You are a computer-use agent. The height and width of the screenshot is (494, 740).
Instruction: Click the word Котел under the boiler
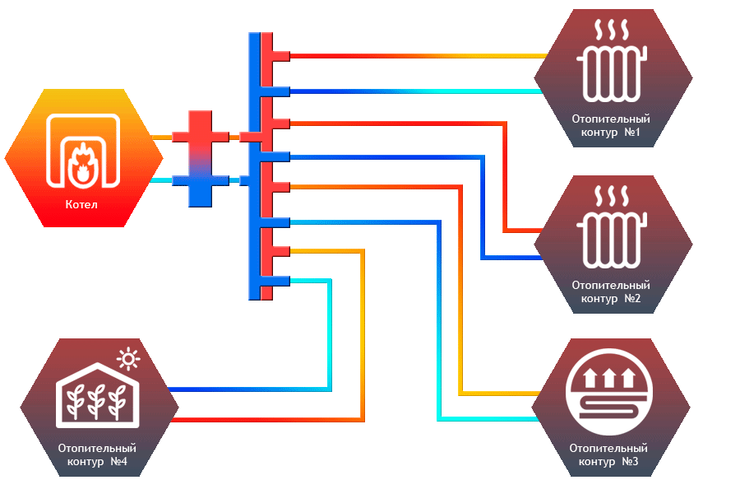82,203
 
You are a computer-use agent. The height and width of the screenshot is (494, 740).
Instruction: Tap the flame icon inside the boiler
82,161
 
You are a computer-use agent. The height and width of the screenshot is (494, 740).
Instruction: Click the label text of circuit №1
612,125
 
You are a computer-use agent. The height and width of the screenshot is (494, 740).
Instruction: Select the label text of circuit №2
612,291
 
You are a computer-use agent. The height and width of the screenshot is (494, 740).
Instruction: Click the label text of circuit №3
609,454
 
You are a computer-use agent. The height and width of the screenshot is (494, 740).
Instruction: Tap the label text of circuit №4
98,454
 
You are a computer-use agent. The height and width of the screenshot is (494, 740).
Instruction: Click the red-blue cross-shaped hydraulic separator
200,157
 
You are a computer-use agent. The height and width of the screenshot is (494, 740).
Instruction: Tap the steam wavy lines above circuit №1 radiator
613,31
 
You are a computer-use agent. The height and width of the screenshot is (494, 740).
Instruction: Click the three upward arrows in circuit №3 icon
609,379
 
